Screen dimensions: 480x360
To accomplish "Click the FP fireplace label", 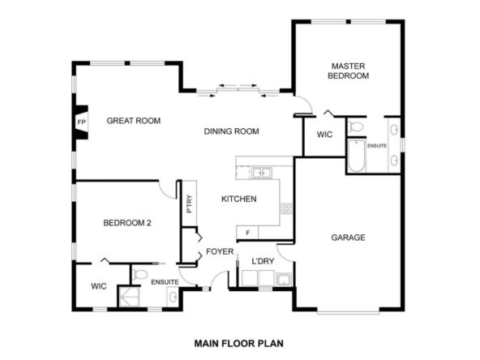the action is tap(81, 122).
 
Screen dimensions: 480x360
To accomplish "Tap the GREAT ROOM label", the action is tap(134, 121).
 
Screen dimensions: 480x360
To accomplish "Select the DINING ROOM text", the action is tap(231, 131).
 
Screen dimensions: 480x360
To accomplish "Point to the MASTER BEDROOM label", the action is tap(349, 71).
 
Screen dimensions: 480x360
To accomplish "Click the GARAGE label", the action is tap(349, 238).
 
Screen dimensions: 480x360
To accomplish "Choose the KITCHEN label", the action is tap(239, 199).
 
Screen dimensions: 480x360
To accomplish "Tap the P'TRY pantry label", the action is tap(189, 204).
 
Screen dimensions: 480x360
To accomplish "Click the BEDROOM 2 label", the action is tap(127, 223).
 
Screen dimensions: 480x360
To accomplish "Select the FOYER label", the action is tap(220, 251).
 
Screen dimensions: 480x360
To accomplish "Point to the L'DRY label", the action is tap(263, 261).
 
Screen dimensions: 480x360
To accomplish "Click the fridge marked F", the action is tap(247, 233).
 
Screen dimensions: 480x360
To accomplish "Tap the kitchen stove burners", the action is tap(286, 208).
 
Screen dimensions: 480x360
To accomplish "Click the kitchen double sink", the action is tap(261, 173).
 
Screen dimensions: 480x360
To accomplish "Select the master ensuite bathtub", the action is tap(357, 156).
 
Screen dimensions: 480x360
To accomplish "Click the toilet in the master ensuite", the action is tap(356, 126).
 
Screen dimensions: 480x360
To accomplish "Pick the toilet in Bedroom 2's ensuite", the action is tap(140, 274).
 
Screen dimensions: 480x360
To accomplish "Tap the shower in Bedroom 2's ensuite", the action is tap(129, 297).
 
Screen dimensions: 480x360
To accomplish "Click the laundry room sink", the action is tap(284, 280).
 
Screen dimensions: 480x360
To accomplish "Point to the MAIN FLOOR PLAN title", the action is tap(239, 344).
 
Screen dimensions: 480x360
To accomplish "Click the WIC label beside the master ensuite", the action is tap(324, 135).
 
